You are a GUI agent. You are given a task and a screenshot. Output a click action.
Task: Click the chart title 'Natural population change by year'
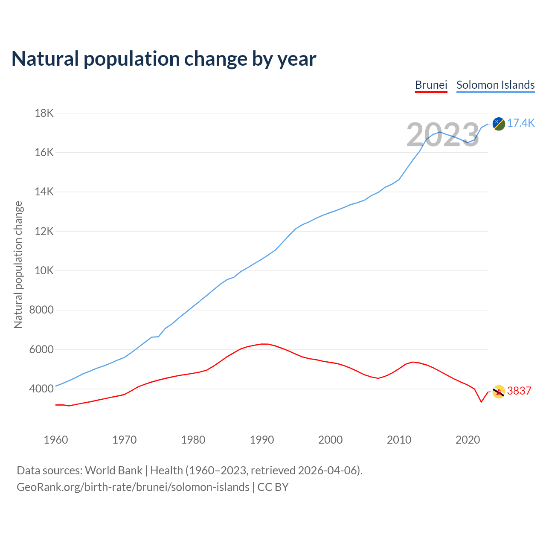164,59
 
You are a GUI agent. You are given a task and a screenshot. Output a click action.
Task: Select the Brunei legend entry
431,85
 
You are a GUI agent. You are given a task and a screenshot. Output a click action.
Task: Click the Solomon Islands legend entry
495,85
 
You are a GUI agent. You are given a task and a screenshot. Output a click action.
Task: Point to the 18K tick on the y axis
44,113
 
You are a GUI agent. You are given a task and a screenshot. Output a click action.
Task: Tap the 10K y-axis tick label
44,271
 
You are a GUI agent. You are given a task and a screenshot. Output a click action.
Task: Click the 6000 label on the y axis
41,350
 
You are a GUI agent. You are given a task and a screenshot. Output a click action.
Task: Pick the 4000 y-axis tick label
41,389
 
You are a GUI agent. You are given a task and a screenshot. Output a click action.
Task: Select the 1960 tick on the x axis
56,440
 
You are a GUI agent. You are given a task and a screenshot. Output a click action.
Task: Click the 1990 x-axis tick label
262,440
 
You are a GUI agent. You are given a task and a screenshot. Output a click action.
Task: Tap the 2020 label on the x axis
468,440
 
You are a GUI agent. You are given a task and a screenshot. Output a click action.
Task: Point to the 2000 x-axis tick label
331,440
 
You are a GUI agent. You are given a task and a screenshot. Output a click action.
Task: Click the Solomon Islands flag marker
499,124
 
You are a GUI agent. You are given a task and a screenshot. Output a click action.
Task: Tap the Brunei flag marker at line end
499,391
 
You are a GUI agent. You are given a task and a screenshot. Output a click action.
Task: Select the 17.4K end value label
521,123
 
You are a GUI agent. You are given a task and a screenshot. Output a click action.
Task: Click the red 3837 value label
519,391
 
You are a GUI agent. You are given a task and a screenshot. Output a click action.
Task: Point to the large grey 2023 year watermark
443,135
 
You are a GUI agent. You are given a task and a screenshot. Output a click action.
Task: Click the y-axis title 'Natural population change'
18,264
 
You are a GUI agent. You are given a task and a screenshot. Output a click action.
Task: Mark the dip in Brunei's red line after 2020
481,401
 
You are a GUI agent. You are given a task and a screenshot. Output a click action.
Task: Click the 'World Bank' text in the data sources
113,470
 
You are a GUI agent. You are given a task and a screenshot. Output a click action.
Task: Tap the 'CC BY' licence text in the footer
273,487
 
